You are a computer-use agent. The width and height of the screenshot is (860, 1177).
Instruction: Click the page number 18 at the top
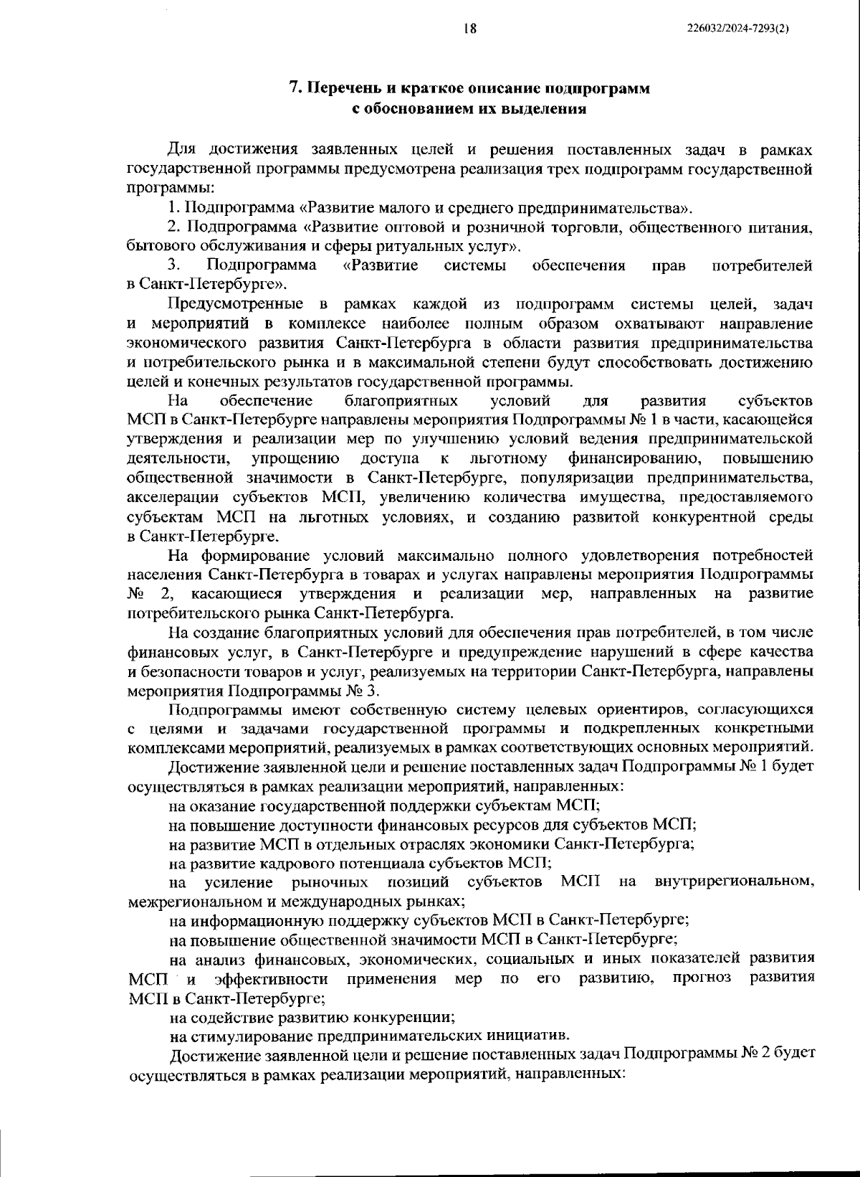coord(470,29)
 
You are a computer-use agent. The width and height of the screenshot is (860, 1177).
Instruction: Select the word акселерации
coord(170,496)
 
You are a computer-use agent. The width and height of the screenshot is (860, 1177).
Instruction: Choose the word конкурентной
coord(696,516)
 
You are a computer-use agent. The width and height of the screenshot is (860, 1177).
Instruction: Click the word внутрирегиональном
coord(735,881)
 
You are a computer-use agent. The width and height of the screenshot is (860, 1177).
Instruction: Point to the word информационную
coord(247,920)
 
